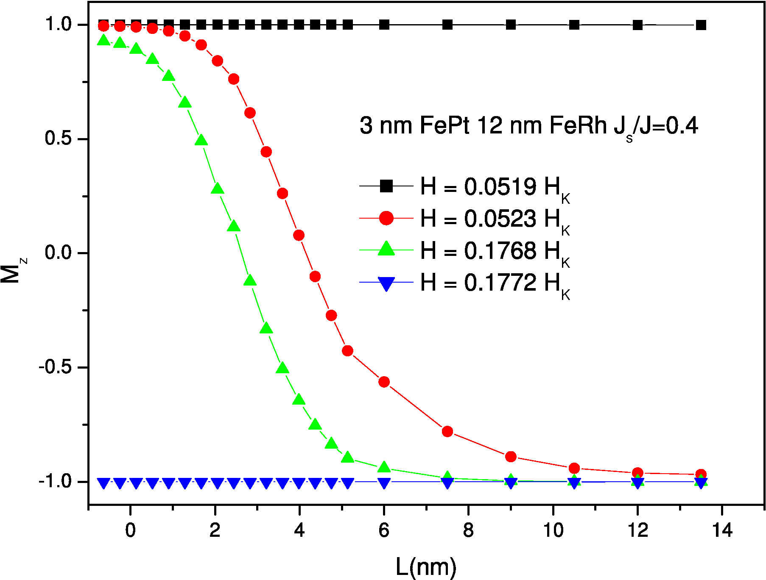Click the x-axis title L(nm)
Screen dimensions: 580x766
pyautogui.click(x=426, y=566)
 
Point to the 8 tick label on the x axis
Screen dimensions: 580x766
pyautogui.click(x=468, y=530)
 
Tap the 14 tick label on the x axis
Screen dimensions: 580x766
pyautogui.click(x=721, y=530)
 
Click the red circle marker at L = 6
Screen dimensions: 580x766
pyautogui.click(x=384, y=382)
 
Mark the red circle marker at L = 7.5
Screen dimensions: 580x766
pyautogui.click(x=447, y=431)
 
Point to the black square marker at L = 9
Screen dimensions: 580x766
pyautogui.click(x=511, y=25)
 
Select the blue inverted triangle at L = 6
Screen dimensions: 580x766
pyautogui.click(x=384, y=483)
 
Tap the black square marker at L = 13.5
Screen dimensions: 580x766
pyautogui.click(x=701, y=25)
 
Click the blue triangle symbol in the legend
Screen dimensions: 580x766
pyautogui.click(x=386, y=283)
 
